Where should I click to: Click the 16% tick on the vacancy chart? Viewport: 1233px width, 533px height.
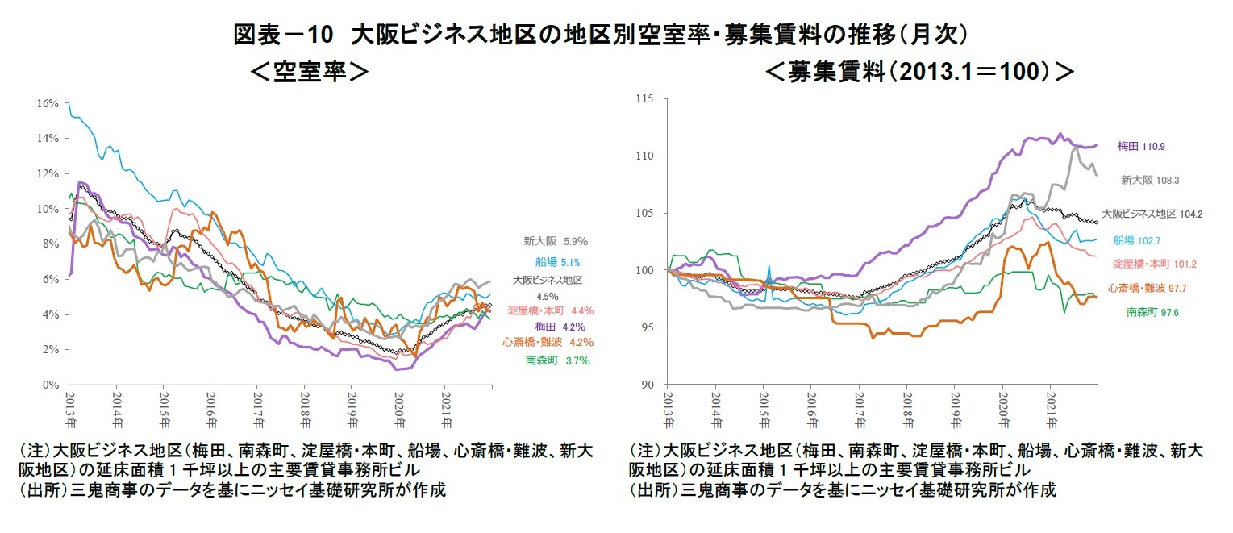tap(48, 103)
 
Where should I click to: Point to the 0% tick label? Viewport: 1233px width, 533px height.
tap(50, 385)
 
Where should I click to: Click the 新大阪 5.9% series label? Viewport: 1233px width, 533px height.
tap(555, 240)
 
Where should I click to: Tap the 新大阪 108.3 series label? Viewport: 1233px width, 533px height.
tap(1149, 181)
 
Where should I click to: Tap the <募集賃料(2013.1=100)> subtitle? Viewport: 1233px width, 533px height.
tap(919, 72)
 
